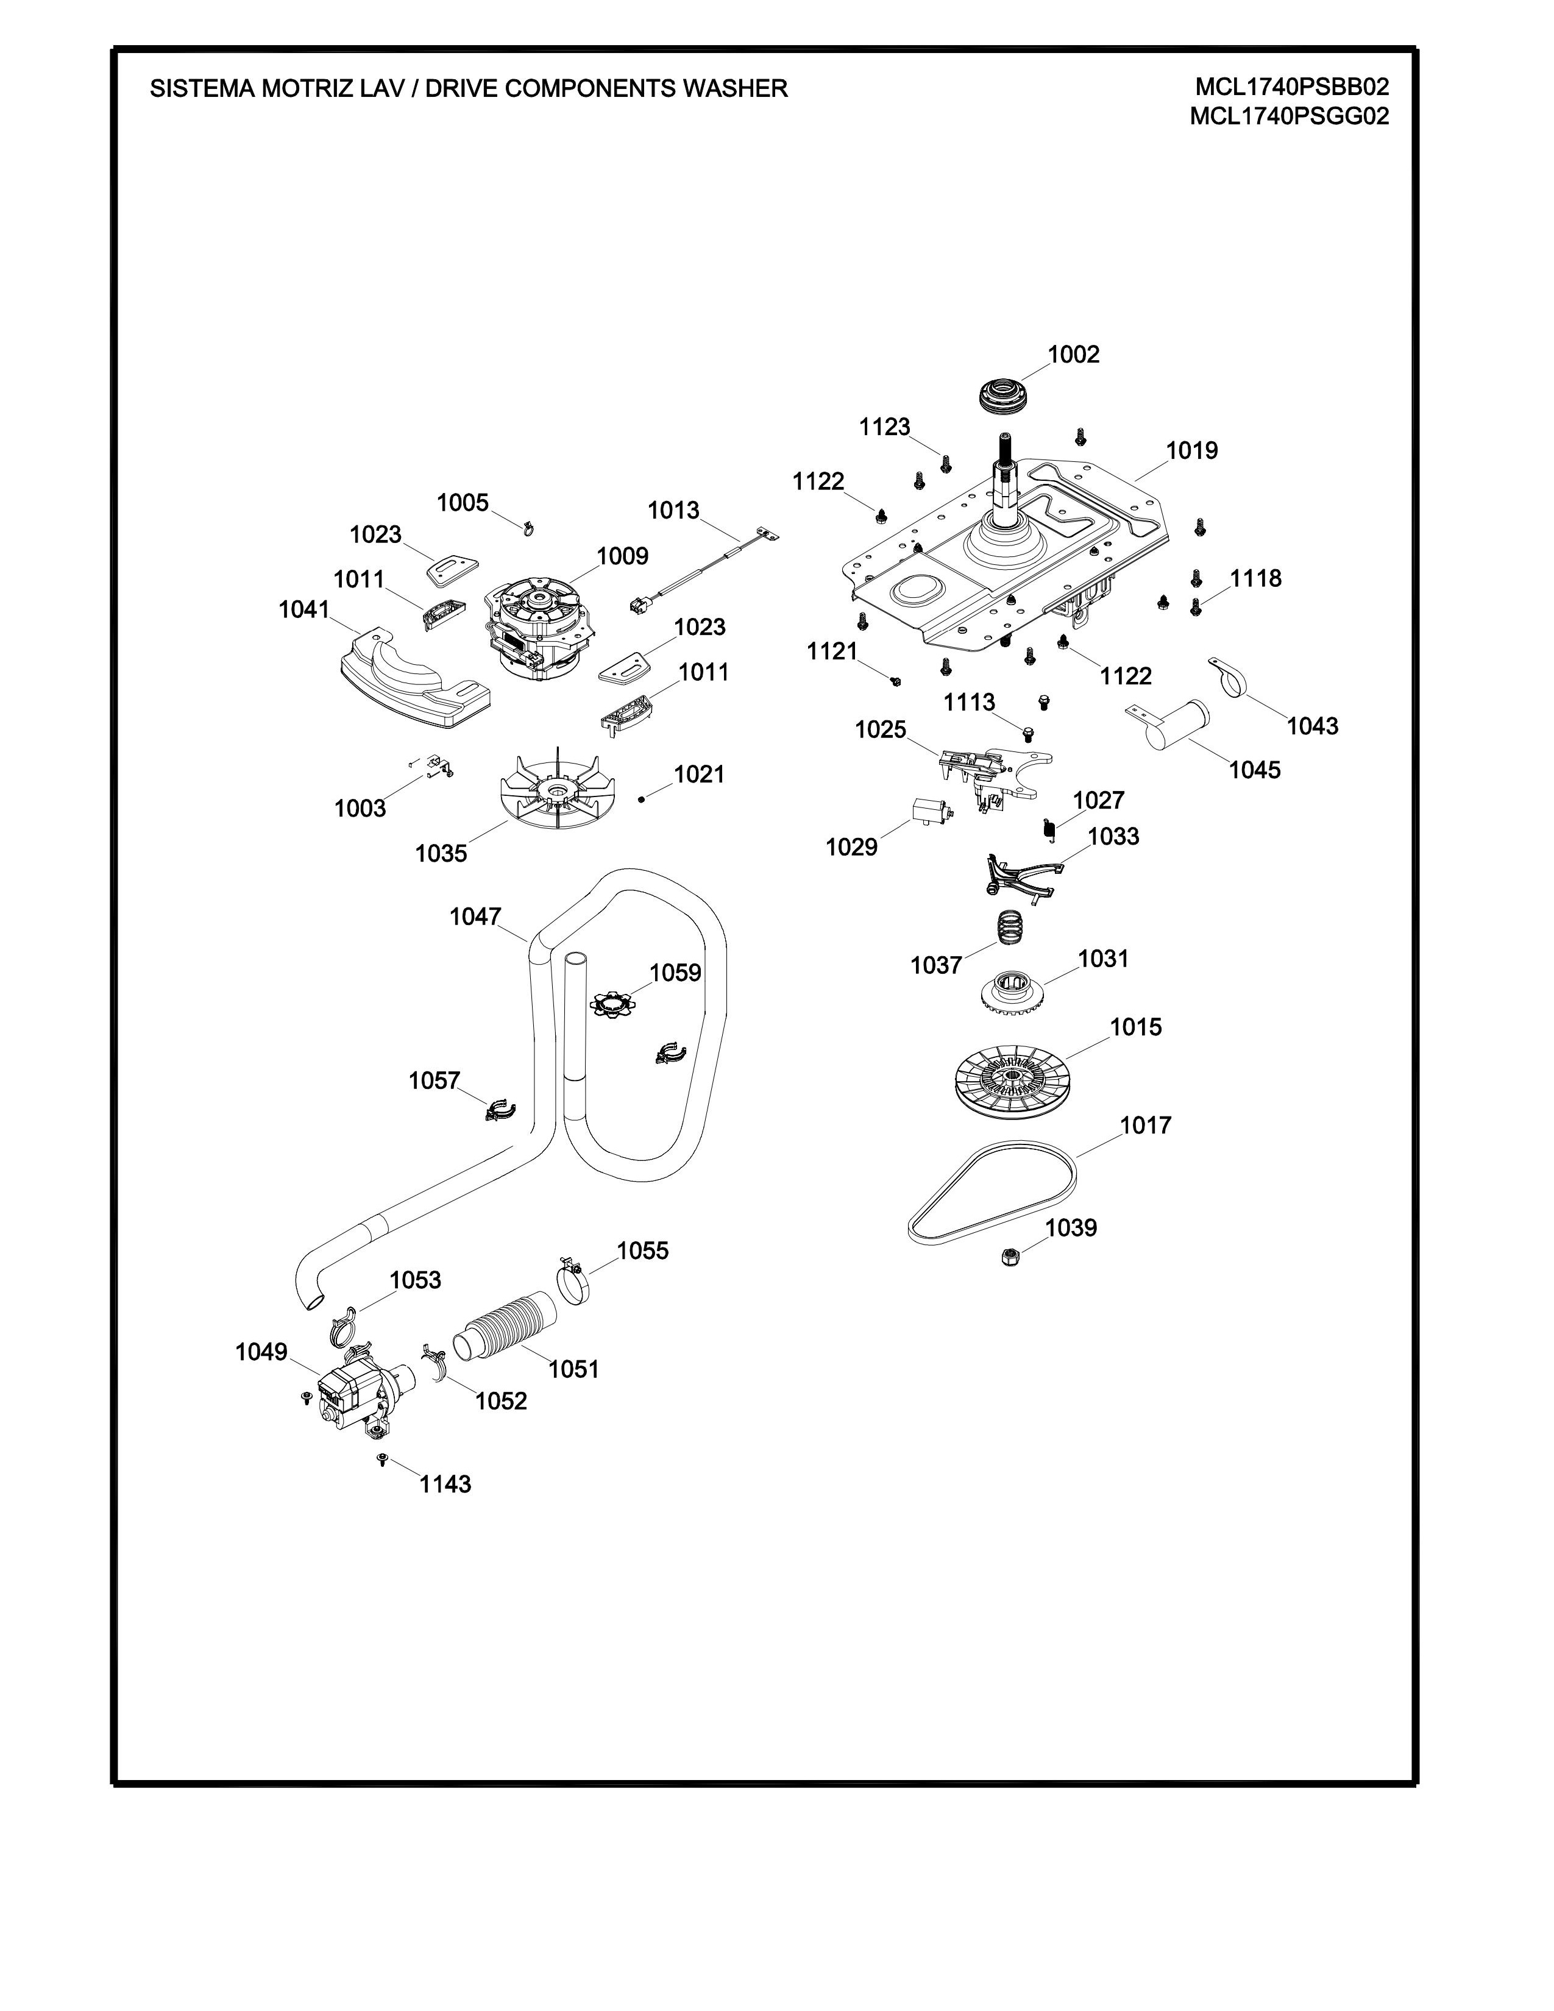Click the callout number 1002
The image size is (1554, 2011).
[1073, 355]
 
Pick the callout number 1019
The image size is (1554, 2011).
[1191, 450]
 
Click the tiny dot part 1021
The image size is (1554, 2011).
[642, 800]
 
